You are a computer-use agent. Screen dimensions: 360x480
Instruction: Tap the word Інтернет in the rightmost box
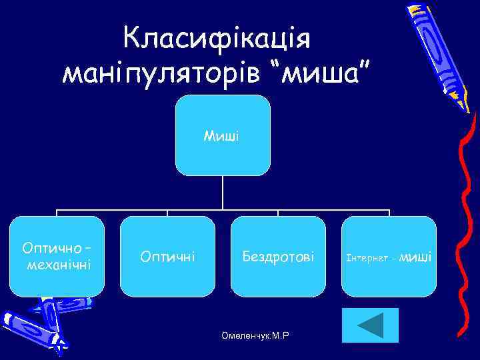369,257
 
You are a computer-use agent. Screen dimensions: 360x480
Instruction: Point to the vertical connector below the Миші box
223,193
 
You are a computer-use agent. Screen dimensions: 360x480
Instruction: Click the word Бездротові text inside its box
278,256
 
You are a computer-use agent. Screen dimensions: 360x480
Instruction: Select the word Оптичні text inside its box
167,256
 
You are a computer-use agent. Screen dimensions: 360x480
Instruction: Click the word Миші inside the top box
222,137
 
